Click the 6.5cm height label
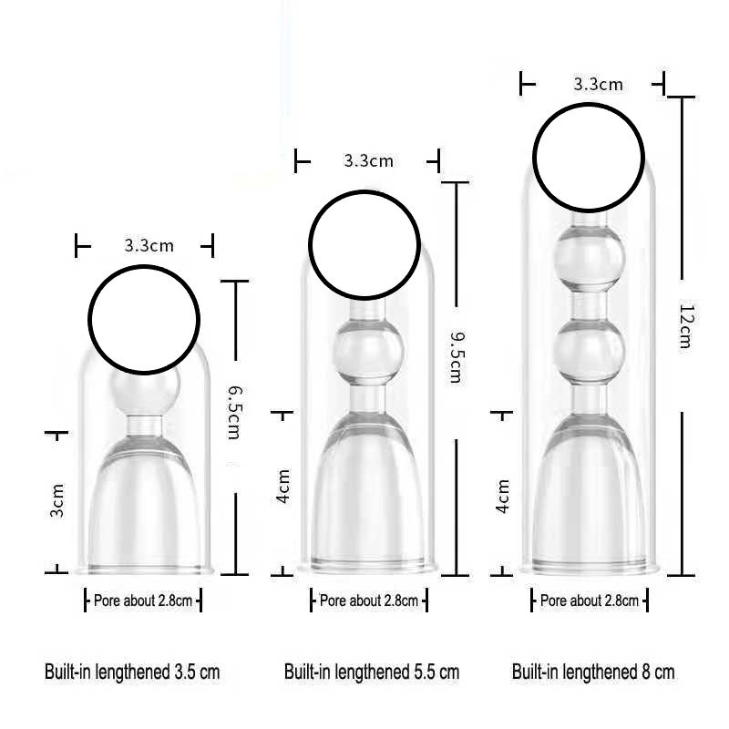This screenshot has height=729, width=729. click(x=234, y=413)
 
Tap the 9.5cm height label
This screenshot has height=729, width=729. click(x=457, y=357)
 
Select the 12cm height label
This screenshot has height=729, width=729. click(x=686, y=326)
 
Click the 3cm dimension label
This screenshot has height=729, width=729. click(x=56, y=500)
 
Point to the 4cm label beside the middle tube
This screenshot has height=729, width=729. click(x=282, y=486)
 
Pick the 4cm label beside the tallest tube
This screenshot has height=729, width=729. click(x=502, y=496)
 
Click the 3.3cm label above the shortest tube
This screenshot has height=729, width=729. click(x=149, y=245)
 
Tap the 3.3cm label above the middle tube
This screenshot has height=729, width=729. click(x=369, y=161)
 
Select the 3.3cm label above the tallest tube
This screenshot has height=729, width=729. click(x=598, y=85)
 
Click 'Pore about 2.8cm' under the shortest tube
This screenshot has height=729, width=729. click(x=143, y=601)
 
